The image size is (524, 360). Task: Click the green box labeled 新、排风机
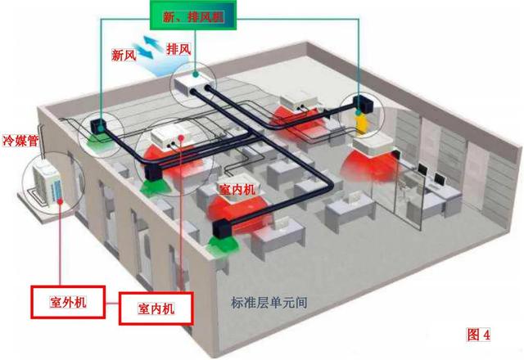pyautogui.click(x=193, y=16)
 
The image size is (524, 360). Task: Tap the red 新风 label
pyautogui.click(x=124, y=55)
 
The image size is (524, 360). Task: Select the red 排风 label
pyautogui.click(x=178, y=49)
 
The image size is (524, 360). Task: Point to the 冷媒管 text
pyautogui.click(x=20, y=140)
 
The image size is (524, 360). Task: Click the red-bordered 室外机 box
pyautogui.click(x=68, y=302)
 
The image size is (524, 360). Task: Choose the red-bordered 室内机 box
pyautogui.click(x=156, y=308)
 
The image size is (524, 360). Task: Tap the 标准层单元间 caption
pyautogui.click(x=269, y=303)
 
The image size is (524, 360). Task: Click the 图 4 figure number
pyautogui.click(x=478, y=335)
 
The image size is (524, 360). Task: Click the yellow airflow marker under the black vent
pyautogui.click(x=361, y=124)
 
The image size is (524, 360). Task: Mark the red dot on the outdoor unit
pyautogui.click(x=60, y=201)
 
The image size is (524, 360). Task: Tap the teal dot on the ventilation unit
pyautogui.click(x=195, y=74)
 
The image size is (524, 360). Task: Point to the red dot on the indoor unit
pyautogui.click(x=181, y=137)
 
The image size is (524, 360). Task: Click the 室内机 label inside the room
pyautogui.click(x=237, y=190)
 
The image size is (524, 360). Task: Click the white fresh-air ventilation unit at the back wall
pyautogui.click(x=192, y=85)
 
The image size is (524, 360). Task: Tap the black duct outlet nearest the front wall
pyautogui.click(x=222, y=229)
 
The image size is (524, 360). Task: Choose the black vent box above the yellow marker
pyautogui.click(x=364, y=104)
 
